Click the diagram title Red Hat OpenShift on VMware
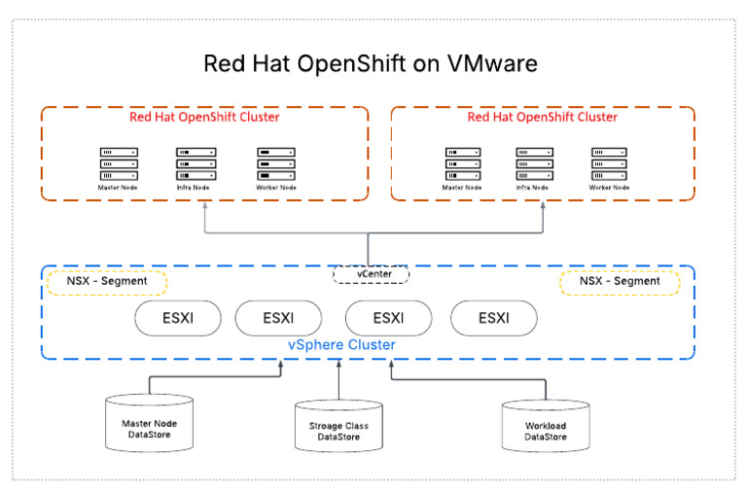point(370,64)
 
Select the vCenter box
point(371,274)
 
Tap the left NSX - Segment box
point(107,281)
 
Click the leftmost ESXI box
point(177,318)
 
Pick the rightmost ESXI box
point(493,318)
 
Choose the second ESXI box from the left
point(282,318)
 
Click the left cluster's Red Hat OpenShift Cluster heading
point(204,118)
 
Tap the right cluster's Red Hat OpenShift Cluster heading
point(542,118)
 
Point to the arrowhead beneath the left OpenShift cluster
point(205,206)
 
